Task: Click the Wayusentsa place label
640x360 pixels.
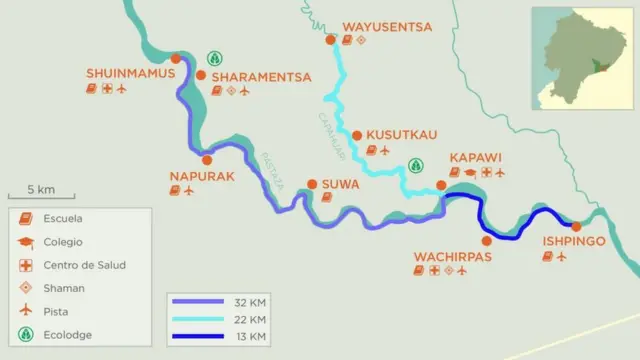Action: coord(387,27)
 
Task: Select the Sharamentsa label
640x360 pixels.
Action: coord(261,76)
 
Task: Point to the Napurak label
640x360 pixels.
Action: coord(201,176)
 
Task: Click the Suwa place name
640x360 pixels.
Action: coord(341,184)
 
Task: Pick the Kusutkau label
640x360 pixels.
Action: coord(402,135)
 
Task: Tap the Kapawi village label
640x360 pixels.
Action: coord(475,158)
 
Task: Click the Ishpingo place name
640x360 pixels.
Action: coord(573,241)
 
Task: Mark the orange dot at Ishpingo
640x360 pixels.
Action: coord(576,226)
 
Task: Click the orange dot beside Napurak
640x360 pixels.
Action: coord(207,160)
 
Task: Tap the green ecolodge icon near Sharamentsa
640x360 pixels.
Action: coord(214,59)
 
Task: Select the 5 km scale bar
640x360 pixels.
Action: coord(40,196)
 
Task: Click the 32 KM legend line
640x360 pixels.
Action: coord(199,301)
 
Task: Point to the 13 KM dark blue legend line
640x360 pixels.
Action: coord(199,336)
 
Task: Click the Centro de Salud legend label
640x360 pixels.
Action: coord(84,265)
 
